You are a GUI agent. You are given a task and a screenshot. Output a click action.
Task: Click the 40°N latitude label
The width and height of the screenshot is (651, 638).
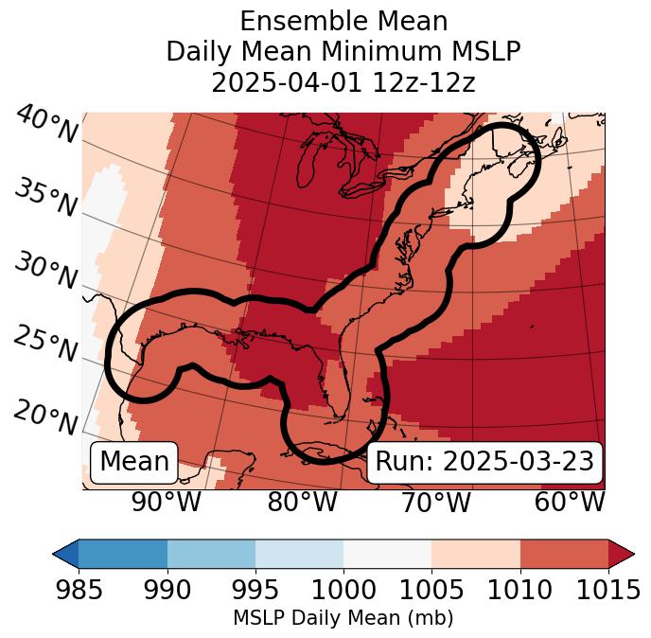pyautogui.click(x=45, y=125)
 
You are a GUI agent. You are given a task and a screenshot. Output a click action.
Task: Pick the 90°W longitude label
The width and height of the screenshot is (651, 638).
pyautogui.click(x=166, y=502)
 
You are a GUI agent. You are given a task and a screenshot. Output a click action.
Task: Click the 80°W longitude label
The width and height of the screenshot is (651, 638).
pyautogui.click(x=302, y=502)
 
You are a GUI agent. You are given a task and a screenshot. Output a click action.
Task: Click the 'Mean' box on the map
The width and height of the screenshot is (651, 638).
pyautogui.click(x=134, y=462)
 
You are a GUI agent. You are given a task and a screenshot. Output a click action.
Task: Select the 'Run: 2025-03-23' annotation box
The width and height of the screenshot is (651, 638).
pyautogui.click(x=484, y=462)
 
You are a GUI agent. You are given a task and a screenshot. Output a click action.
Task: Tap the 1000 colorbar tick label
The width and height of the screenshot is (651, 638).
pyautogui.click(x=343, y=591)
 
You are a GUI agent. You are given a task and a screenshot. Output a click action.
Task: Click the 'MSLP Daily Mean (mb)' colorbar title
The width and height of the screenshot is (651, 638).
pyautogui.click(x=343, y=619)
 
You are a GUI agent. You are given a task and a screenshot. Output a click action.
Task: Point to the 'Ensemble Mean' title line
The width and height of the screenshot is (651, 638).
pyautogui.click(x=343, y=21)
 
